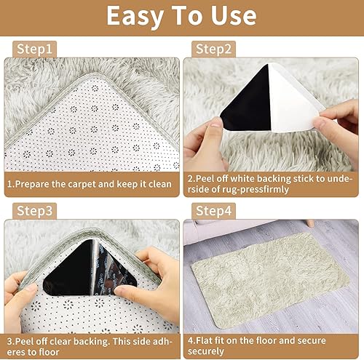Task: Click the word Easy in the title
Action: pyautogui.click(x=135, y=17)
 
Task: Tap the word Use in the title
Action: pyautogui.click(x=234, y=16)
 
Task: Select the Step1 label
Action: pyautogui.click(x=34, y=49)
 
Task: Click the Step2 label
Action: pyautogui.click(x=213, y=49)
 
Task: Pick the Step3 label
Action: pyautogui.click(x=34, y=211)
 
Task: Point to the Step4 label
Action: pyautogui.click(x=213, y=211)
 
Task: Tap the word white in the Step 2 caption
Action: pyautogui.click(x=242, y=179)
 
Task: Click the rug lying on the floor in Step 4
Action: pyautogui.click(x=270, y=279)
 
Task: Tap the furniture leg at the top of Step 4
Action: pyautogui.click(x=309, y=223)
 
